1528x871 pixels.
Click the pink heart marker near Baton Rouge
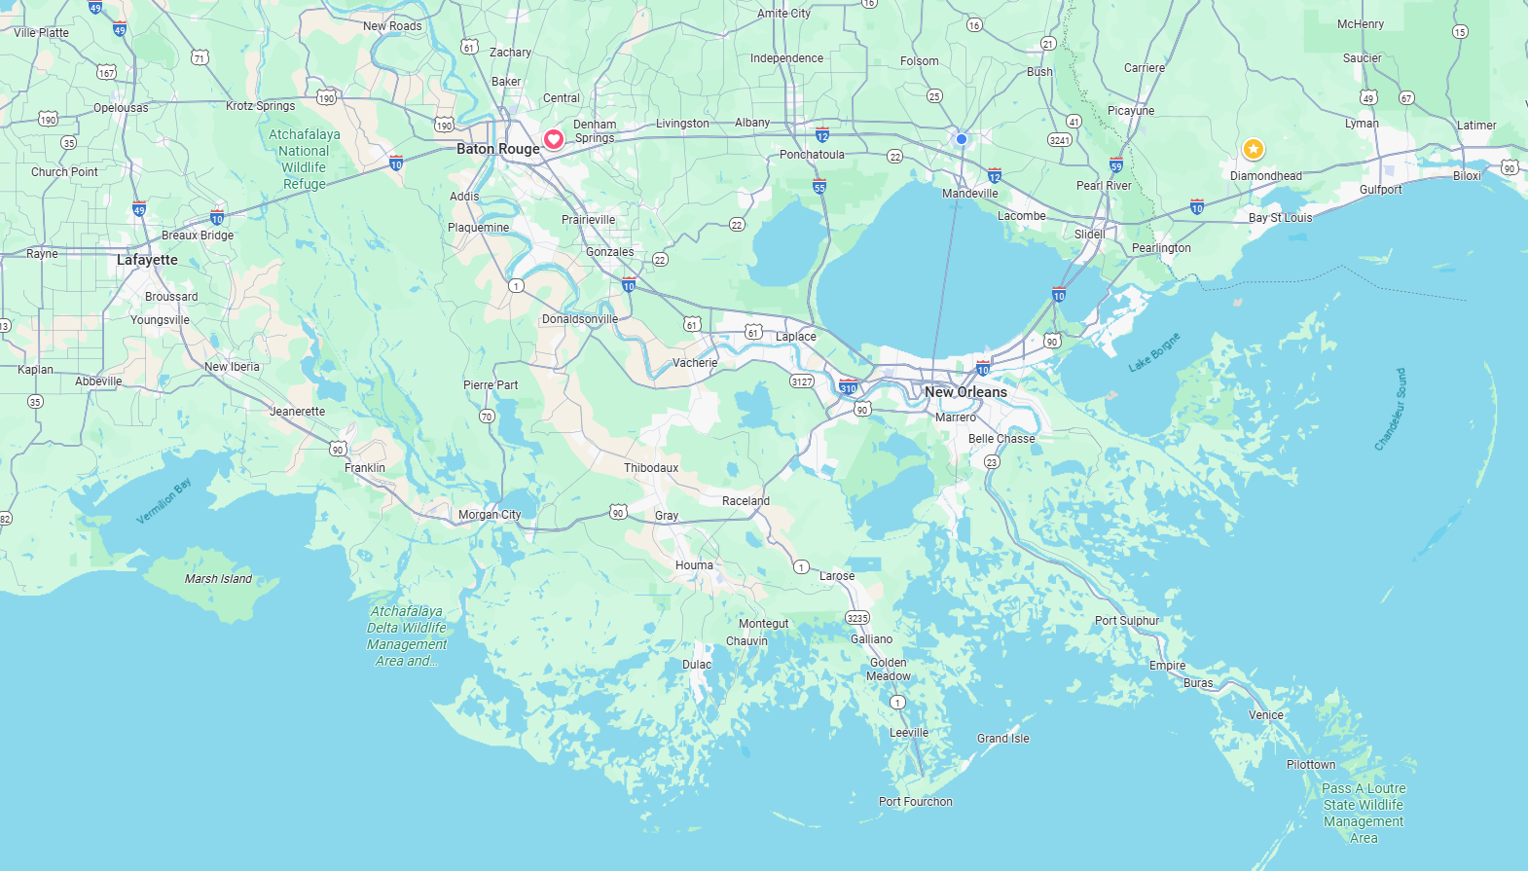click(553, 139)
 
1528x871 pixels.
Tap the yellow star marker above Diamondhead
click(1253, 149)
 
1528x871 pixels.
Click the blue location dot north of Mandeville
click(962, 139)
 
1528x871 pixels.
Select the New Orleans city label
click(965, 392)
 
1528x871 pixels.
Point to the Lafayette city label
click(147, 260)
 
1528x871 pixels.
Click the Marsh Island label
click(218, 579)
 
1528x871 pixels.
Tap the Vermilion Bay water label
click(164, 501)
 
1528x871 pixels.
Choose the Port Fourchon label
click(915, 802)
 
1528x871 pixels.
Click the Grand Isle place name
click(1002, 739)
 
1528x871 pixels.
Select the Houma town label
click(694, 565)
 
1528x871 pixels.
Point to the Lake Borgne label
click(1154, 352)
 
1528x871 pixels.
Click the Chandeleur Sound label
click(1390, 410)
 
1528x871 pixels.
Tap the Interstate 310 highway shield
click(849, 387)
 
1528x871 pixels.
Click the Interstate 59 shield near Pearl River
click(1116, 165)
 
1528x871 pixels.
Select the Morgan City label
click(490, 515)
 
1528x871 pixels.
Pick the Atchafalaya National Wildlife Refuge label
click(305, 159)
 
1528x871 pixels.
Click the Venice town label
click(1265, 715)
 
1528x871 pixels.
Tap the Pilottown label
click(1311, 765)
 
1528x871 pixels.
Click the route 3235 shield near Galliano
click(857, 618)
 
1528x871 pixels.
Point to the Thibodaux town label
click(651, 468)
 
